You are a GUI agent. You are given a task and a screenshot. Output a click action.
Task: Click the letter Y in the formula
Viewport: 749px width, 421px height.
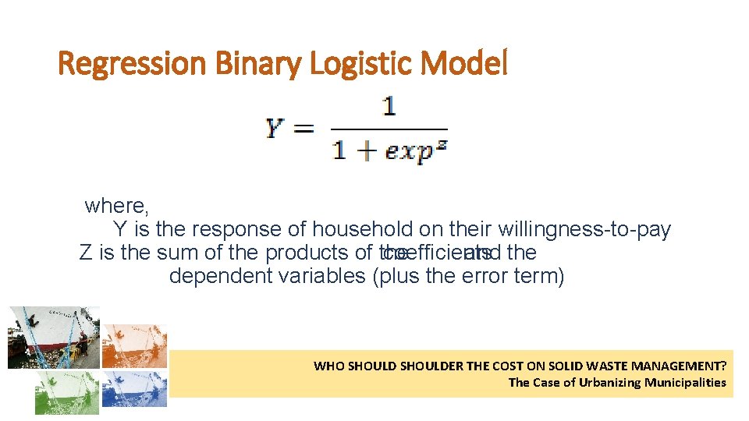coord(275,128)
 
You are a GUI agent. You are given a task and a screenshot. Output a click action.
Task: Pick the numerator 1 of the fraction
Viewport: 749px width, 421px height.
coord(389,106)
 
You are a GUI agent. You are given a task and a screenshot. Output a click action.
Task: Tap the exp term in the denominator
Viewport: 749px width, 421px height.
coord(410,150)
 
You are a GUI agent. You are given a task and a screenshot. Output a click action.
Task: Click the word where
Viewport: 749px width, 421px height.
coord(117,206)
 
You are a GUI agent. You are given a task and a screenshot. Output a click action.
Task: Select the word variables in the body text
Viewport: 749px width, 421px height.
coord(323,276)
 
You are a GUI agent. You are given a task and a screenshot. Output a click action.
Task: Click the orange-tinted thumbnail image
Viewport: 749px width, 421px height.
coord(134,345)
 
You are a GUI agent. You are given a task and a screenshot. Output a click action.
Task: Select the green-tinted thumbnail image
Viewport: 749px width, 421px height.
coord(66,391)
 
